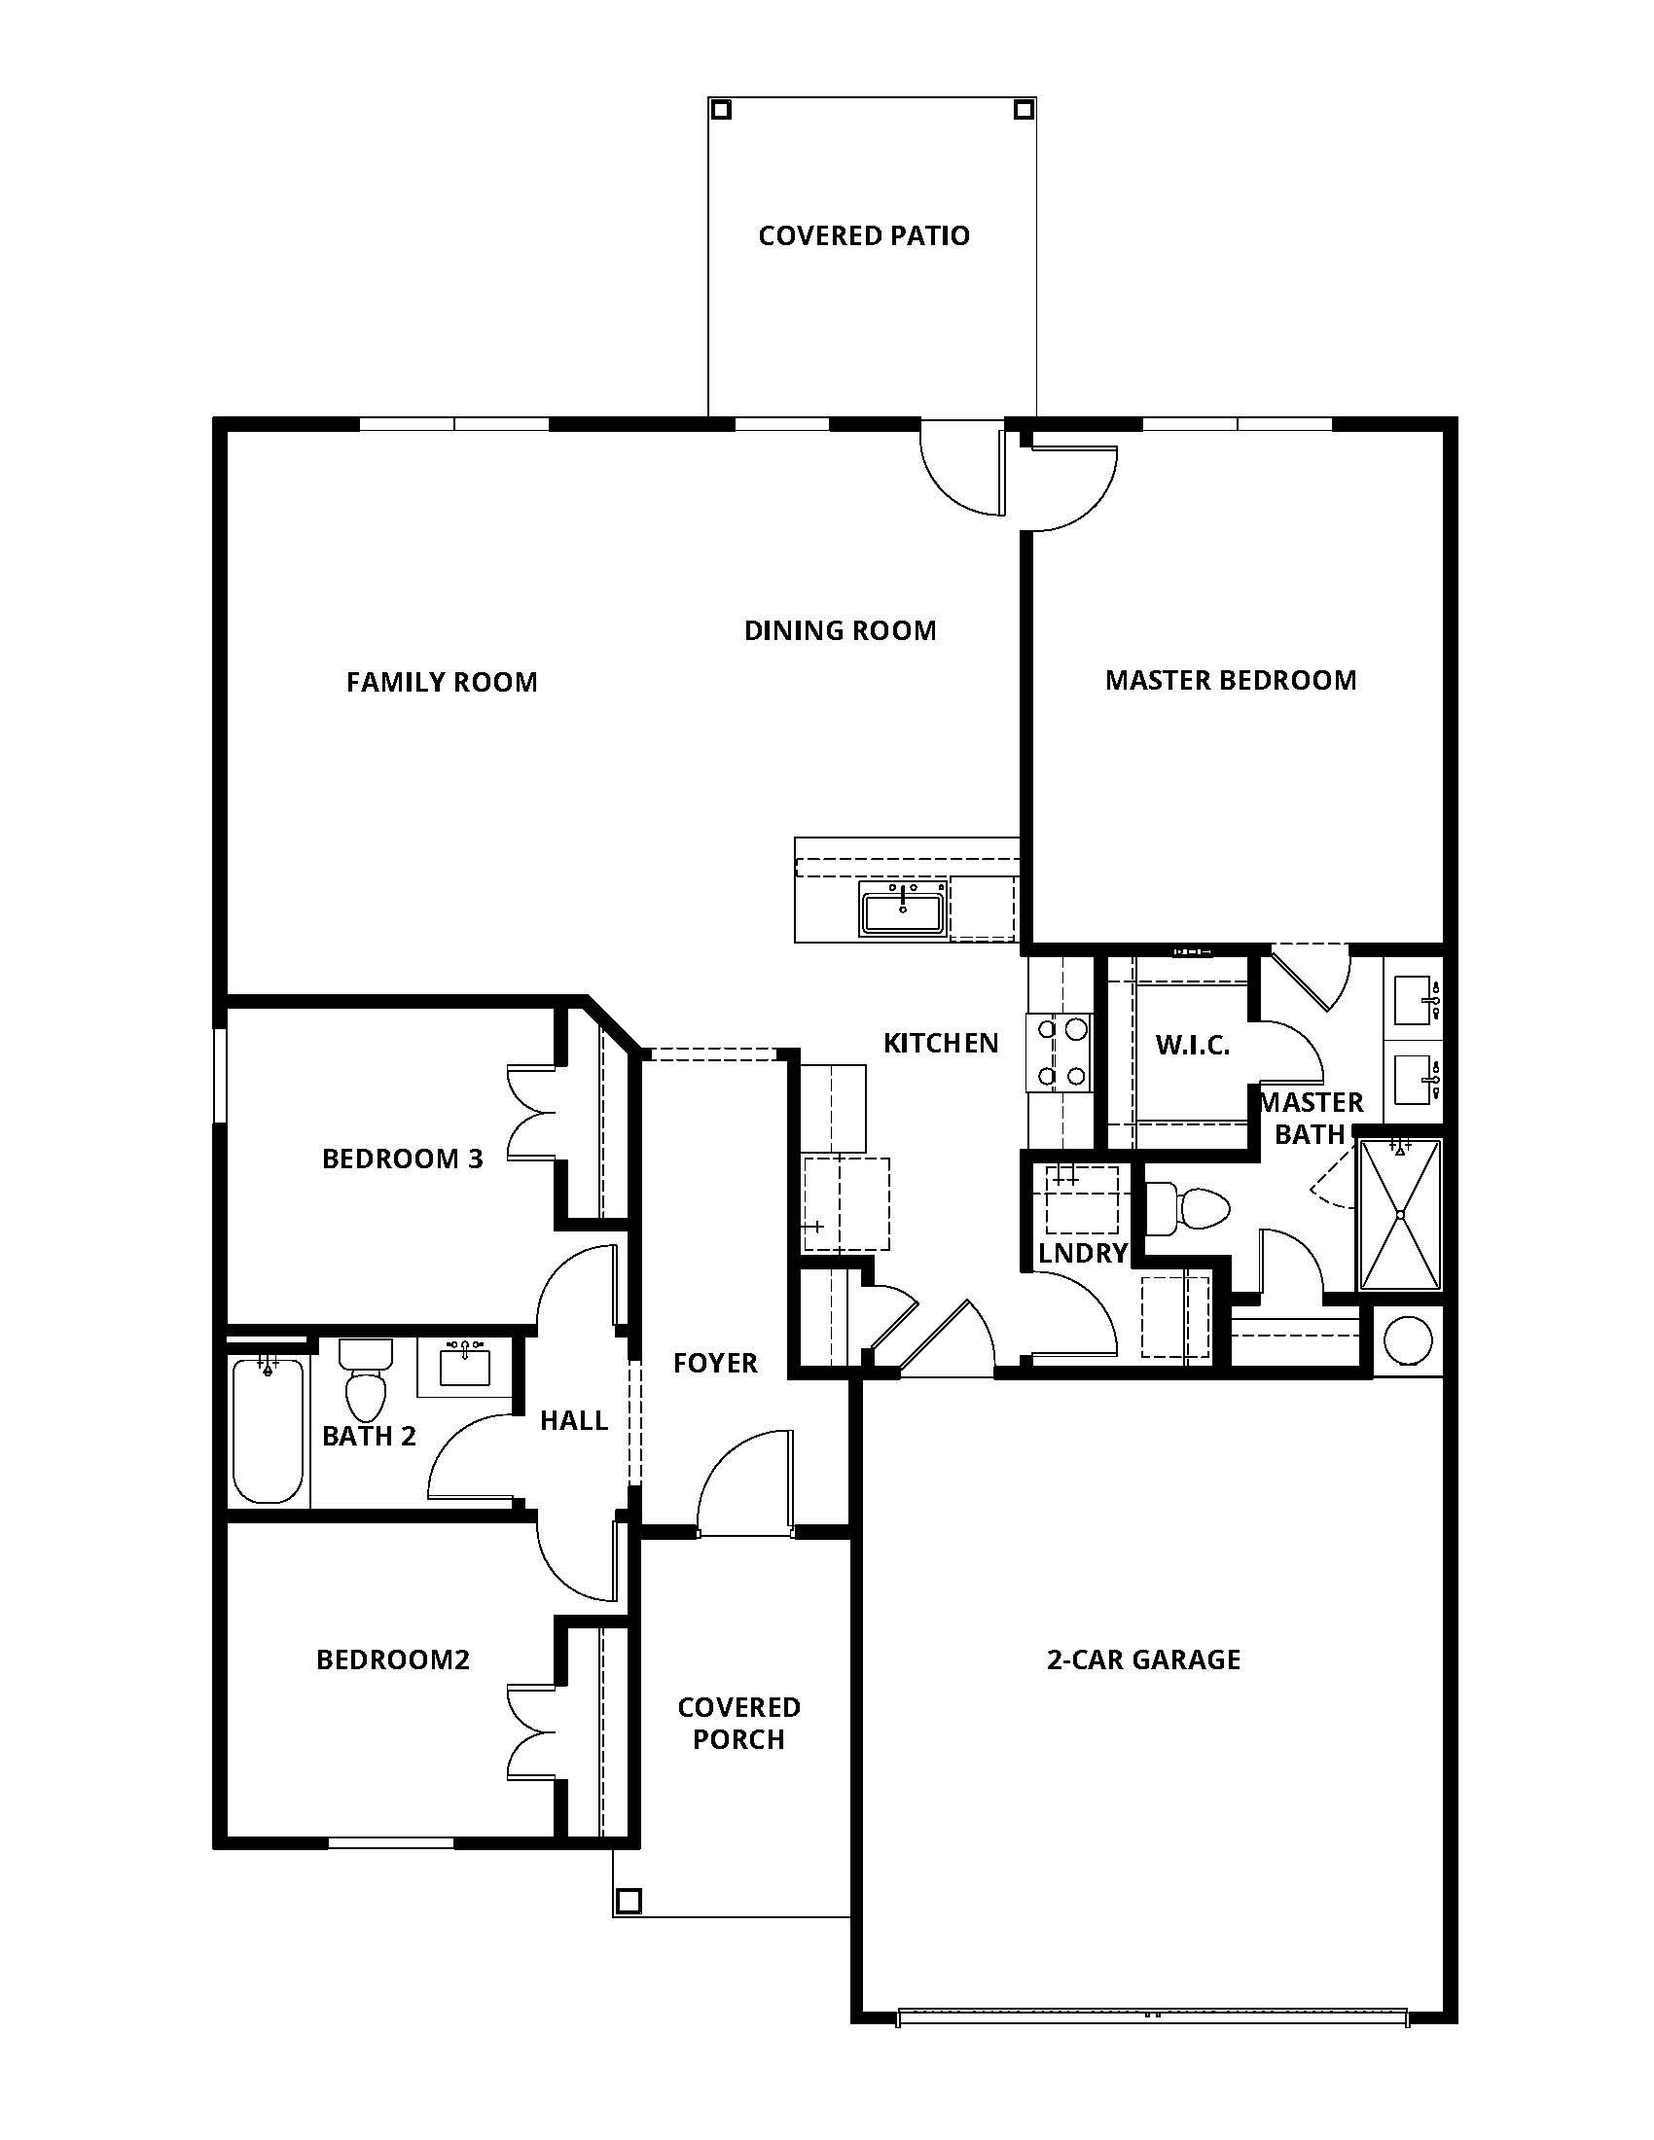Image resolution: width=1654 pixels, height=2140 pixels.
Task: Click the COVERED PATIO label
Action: pyautogui.click(x=863, y=235)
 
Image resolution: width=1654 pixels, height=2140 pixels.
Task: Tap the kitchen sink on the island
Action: pyautogui.click(x=902, y=908)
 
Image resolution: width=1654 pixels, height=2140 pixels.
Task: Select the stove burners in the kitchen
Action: pyautogui.click(x=1061, y=1053)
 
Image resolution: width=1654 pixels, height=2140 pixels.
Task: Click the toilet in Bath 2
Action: pyautogui.click(x=366, y=1382)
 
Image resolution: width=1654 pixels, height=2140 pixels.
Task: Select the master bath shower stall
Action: pyautogui.click(x=1400, y=1214)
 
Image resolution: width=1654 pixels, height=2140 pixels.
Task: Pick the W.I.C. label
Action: pyautogui.click(x=1192, y=1045)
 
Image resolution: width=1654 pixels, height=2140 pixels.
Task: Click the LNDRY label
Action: pyautogui.click(x=1083, y=1253)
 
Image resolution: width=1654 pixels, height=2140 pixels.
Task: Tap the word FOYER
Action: pyautogui.click(x=715, y=1363)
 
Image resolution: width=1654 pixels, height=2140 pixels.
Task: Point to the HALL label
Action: pyautogui.click(x=574, y=1420)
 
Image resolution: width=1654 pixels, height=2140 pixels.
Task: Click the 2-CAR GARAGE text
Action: pyautogui.click(x=1143, y=1659)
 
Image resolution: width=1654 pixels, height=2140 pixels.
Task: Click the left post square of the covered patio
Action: pyautogui.click(x=721, y=110)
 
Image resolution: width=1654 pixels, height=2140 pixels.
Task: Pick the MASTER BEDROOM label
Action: pyautogui.click(x=1231, y=680)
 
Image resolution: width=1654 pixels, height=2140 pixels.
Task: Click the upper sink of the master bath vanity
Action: pyautogui.click(x=1414, y=999)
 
